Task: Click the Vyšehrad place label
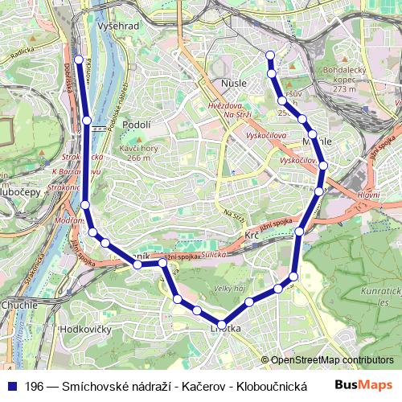pos(118,27)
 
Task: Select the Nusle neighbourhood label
pos(234,82)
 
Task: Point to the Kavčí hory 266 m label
pos(134,153)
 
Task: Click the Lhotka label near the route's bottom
pos(225,328)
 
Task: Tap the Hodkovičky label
pos(86,329)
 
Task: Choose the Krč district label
pos(252,235)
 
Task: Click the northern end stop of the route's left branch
pos(79,59)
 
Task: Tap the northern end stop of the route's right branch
pos(270,55)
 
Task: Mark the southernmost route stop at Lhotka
pos(222,323)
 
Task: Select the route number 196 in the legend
pos(35,386)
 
